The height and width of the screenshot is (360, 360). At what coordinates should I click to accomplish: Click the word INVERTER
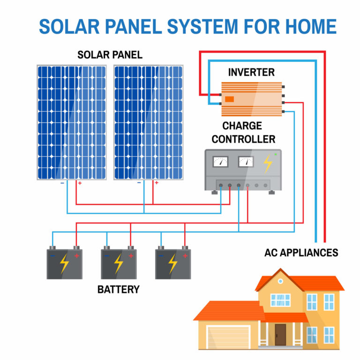click(251, 72)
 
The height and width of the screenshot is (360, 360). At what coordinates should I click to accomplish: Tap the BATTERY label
click(118, 289)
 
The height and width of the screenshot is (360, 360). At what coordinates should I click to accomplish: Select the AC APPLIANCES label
click(301, 253)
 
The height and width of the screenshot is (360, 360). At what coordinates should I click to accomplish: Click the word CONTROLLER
click(243, 139)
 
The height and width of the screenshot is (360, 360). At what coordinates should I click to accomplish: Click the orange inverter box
click(252, 99)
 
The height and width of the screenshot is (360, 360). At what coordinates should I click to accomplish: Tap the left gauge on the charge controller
click(220, 162)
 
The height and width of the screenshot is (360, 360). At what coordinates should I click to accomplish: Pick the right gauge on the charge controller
click(245, 162)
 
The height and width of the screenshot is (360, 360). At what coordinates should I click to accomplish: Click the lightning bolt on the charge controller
click(268, 163)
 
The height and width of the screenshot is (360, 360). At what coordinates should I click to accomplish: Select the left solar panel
click(72, 122)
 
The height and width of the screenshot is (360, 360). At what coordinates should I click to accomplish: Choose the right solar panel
click(149, 122)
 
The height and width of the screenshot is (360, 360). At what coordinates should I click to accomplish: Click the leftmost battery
click(65, 263)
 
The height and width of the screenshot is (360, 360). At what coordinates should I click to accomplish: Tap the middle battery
click(119, 263)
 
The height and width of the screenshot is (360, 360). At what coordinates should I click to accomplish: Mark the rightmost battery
click(173, 263)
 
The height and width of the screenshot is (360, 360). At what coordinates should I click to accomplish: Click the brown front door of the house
click(280, 334)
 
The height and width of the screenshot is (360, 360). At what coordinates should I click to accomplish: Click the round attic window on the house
click(280, 281)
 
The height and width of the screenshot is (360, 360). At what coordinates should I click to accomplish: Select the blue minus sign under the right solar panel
click(139, 183)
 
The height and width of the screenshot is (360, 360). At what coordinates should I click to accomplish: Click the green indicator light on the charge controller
click(276, 154)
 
